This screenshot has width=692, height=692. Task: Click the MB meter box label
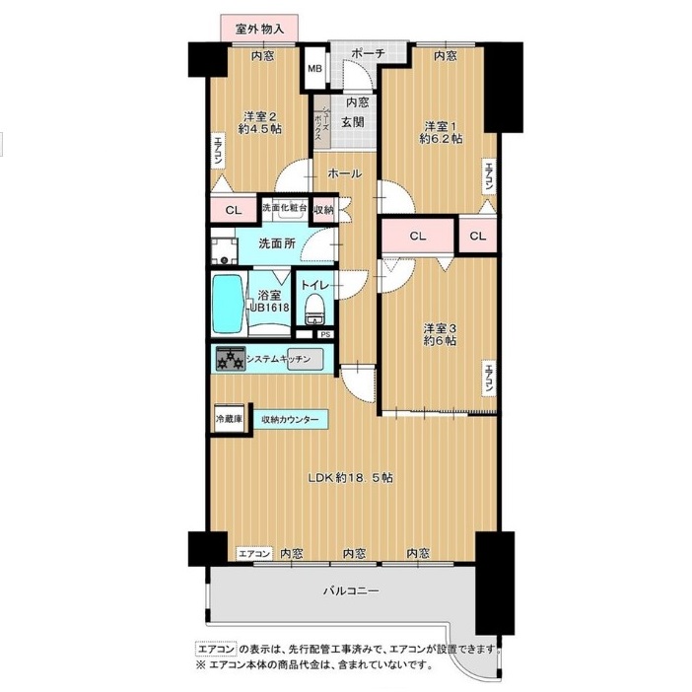[314, 68]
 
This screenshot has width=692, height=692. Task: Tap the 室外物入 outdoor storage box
[259, 29]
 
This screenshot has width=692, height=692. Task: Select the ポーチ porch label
[368, 54]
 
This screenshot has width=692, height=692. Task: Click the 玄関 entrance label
[353, 122]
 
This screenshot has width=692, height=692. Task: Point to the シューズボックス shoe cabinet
[321, 122]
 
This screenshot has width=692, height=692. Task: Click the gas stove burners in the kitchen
[231, 359]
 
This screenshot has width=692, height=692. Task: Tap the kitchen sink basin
[306, 359]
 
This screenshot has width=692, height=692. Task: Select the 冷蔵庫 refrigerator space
[229, 418]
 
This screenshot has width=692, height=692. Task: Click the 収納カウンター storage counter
[291, 419]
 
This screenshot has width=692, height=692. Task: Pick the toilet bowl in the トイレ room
[314, 310]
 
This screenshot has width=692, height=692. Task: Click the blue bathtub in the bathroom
[228, 305]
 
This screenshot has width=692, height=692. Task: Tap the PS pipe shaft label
[325, 334]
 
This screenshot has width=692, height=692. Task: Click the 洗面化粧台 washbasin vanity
[285, 211]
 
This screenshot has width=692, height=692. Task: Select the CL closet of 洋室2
[234, 211]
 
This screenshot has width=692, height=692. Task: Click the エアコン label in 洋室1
[488, 176]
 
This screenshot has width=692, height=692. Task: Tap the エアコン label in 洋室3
[488, 378]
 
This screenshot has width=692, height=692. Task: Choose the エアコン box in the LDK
[254, 553]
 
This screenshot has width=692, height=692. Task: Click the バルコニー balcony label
[351, 590]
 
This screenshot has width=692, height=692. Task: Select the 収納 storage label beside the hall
[323, 210]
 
